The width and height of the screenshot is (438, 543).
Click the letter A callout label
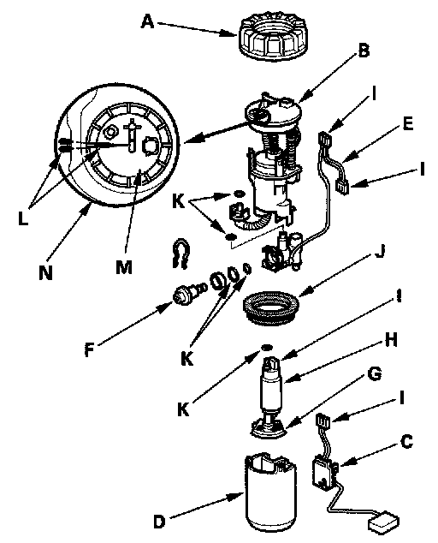(147, 22)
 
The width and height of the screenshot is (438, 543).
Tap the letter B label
(364, 51)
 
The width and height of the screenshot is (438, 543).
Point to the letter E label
(408, 123)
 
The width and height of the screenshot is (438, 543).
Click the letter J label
(380, 251)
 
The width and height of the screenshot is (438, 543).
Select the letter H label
(391, 341)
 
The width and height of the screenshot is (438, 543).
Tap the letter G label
(375, 374)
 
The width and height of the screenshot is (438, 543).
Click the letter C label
(406, 442)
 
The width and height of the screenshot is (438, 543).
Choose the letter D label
(159, 522)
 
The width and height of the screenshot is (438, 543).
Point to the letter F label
(89, 349)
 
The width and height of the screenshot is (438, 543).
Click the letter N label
(45, 273)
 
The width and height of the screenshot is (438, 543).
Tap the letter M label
(124, 267)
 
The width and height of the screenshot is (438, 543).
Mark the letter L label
(23, 219)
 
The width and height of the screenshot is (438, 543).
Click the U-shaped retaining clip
(181, 254)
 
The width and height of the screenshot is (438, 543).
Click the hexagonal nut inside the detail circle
(110, 132)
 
